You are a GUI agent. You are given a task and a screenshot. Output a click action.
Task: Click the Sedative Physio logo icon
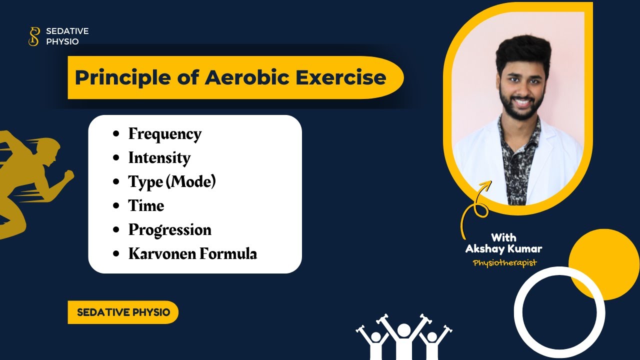pyautogui.click(x=33, y=36)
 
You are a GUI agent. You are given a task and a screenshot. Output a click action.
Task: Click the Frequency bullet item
pyautogui.click(x=164, y=134)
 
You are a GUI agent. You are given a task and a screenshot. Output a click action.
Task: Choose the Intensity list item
pyautogui.click(x=159, y=158)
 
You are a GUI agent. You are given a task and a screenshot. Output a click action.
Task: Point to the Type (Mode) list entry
pyautogui.click(x=171, y=181)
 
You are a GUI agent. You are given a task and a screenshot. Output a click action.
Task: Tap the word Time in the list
pyautogui.click(x=146, y=206)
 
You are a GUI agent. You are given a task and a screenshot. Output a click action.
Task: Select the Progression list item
pyautogui.click(x=169, y=230)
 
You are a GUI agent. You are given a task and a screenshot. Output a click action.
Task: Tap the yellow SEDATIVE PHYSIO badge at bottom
pyautogui.click(x=123, y=312)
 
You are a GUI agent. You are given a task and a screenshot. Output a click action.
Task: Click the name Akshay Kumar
pyautogui.click(x=503, y=249)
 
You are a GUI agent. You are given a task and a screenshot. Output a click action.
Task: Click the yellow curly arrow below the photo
pyautogui.click(x=473, y=210)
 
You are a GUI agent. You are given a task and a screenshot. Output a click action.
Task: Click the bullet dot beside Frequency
pyautogui.click(x=116, y=134)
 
